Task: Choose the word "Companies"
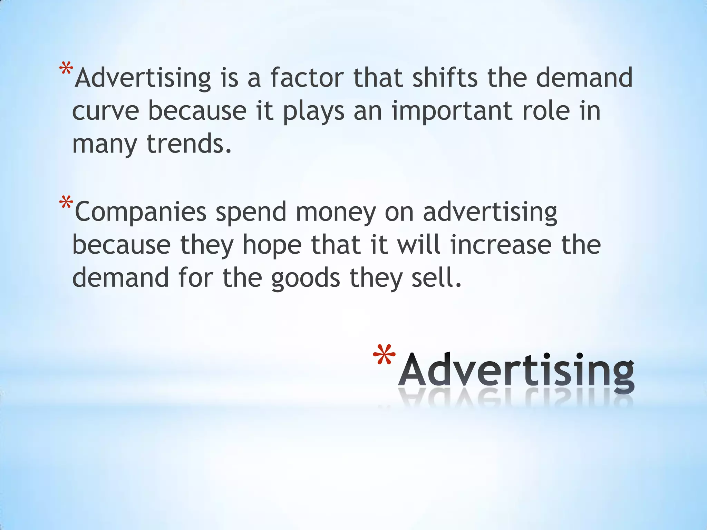(141, 212)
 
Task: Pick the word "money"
(336, 212)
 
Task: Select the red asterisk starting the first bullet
(66, 69)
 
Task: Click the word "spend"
(251, 212)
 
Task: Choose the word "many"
(105, 144)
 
